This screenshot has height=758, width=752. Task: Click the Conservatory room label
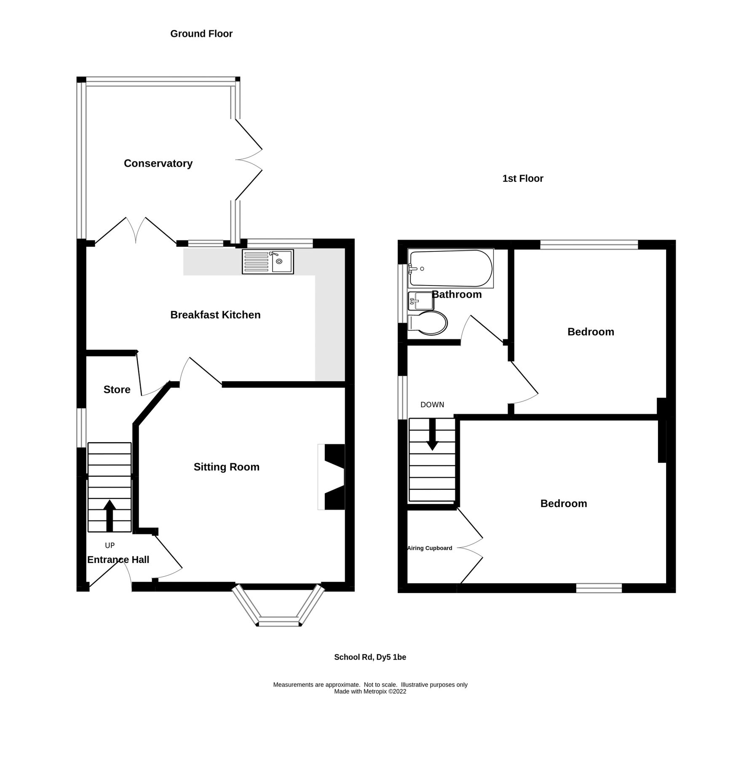tap(158, 163)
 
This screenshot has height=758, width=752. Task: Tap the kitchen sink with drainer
tap(268, 262)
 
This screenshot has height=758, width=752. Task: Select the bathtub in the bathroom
tap(450, 268)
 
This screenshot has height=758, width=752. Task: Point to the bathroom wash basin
tap(421, 301)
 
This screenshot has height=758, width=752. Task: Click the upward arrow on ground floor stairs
tap(110, 515)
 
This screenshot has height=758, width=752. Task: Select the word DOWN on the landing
tap(432, 405)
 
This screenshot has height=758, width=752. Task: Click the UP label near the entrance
tap(110, 545)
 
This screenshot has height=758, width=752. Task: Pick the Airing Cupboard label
tap(429, 548)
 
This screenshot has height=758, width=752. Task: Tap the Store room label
tap(117, 390)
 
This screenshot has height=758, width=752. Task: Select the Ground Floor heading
tap(201, 34)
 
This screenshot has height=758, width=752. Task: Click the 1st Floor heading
tap(522, 179)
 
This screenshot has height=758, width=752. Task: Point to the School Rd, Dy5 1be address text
tap(370, 657)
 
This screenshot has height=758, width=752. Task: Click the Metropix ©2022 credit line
tap(370, 691)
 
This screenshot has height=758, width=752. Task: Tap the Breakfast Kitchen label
tap(215, 315)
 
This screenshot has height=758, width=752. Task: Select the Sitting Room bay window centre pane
tap(278, 622)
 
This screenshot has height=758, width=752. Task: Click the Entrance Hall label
tap(118, 560)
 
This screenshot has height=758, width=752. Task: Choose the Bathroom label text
tap(457, 294)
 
